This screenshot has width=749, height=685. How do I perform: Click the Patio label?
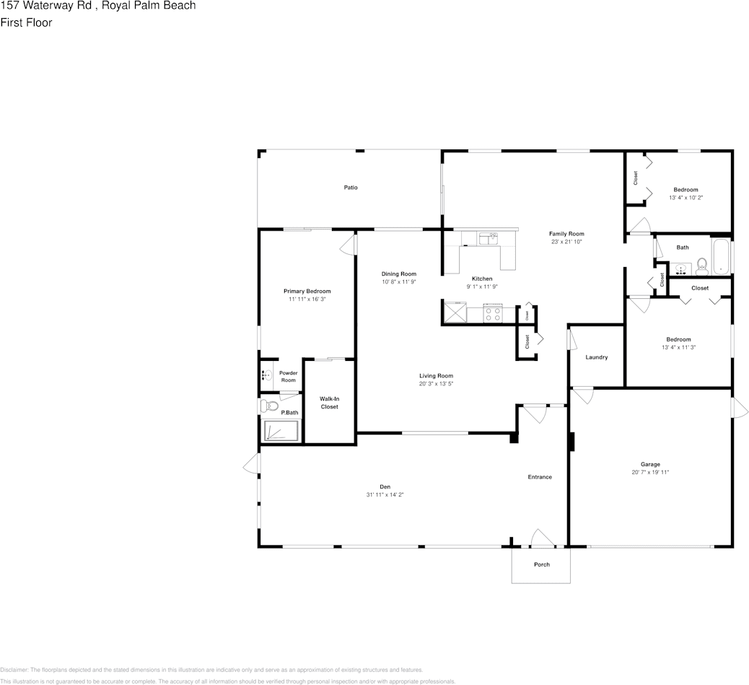point(351,188)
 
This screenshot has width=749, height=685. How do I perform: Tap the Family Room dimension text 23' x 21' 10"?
point(566,243)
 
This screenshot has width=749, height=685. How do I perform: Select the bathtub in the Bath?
point(721,257)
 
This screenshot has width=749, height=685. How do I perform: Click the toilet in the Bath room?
point(701,266)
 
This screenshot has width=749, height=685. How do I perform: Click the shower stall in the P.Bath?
point(281,431)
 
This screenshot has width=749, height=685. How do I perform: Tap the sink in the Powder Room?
point(266,375)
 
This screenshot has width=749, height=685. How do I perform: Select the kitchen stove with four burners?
point(494,315)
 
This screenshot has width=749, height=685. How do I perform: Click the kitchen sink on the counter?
point(489,238)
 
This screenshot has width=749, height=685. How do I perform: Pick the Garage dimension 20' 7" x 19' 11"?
point(650,473)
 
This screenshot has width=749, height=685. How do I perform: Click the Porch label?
point(541,564)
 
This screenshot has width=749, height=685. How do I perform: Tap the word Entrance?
point(540,477)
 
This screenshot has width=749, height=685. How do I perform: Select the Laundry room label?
point(596,357)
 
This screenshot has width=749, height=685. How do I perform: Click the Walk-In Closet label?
point(329,402)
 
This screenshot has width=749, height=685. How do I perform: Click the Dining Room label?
point(399,274)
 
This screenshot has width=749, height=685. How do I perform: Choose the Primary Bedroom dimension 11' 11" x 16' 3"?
point(307,299)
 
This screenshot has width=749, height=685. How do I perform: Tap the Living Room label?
point(437,375)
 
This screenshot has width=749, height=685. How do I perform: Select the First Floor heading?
point(26,22)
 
